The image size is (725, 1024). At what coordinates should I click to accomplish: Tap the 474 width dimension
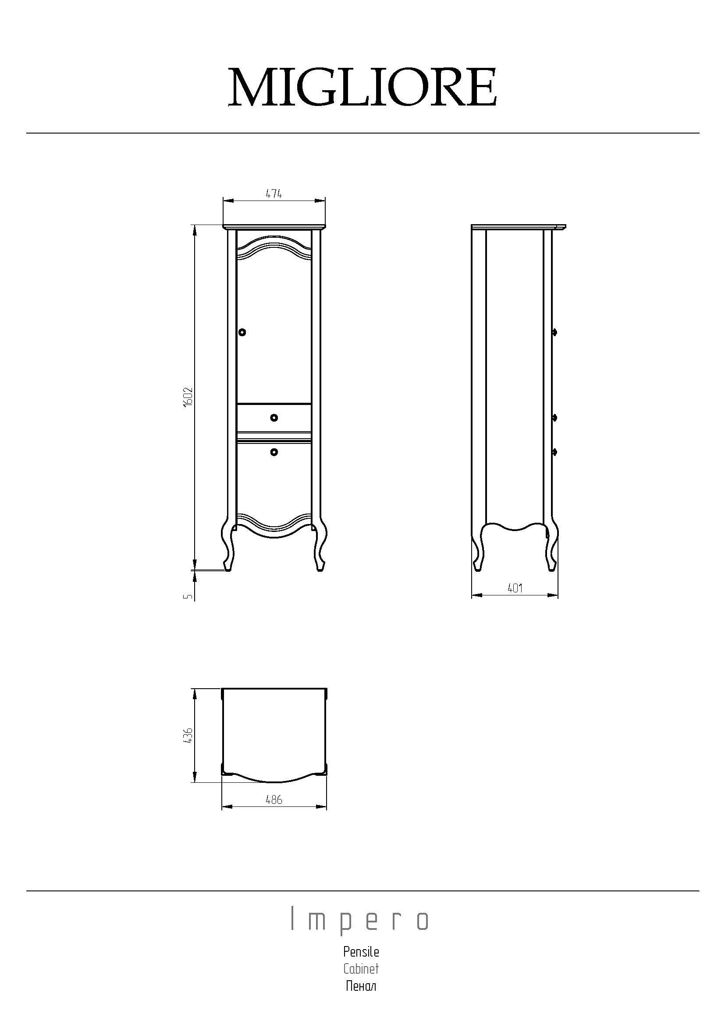tap(274, 194)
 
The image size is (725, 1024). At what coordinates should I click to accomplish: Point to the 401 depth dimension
tap(515, 588)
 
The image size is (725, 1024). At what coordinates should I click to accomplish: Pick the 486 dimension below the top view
tap(274, 800)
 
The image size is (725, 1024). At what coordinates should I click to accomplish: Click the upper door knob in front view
tap(242, 332)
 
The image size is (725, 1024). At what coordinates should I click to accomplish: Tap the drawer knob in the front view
tap(274, 418)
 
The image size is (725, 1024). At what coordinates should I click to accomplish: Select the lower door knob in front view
tap(274, 452)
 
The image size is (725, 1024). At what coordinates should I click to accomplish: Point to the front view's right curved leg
tap(320, 546)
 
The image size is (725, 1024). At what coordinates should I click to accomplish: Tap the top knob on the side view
tap(554, 332)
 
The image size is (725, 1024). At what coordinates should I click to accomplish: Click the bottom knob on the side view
tap(554, 452)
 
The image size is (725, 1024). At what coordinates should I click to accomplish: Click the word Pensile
tap(361, 952)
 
